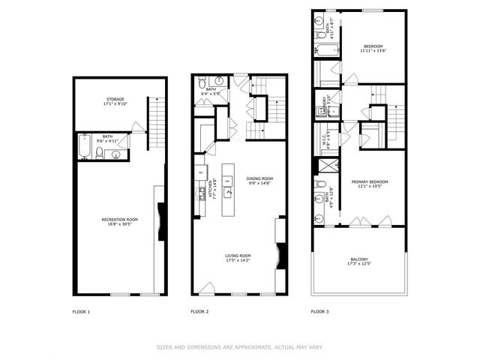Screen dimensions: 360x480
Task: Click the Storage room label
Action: click(115, 98)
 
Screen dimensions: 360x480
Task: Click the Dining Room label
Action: click(259, 178)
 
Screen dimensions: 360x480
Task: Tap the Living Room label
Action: click(237, 256)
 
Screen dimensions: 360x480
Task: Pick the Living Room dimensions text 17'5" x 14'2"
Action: click(237, 262)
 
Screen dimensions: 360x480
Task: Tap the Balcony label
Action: click(359, 259)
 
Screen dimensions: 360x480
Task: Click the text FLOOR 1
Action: click(81, 310)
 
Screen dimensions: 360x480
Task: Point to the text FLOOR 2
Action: click(199, 310)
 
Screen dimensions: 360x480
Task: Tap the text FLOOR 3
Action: click(320, 310)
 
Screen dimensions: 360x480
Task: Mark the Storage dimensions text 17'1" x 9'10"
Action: click(115, 103)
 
